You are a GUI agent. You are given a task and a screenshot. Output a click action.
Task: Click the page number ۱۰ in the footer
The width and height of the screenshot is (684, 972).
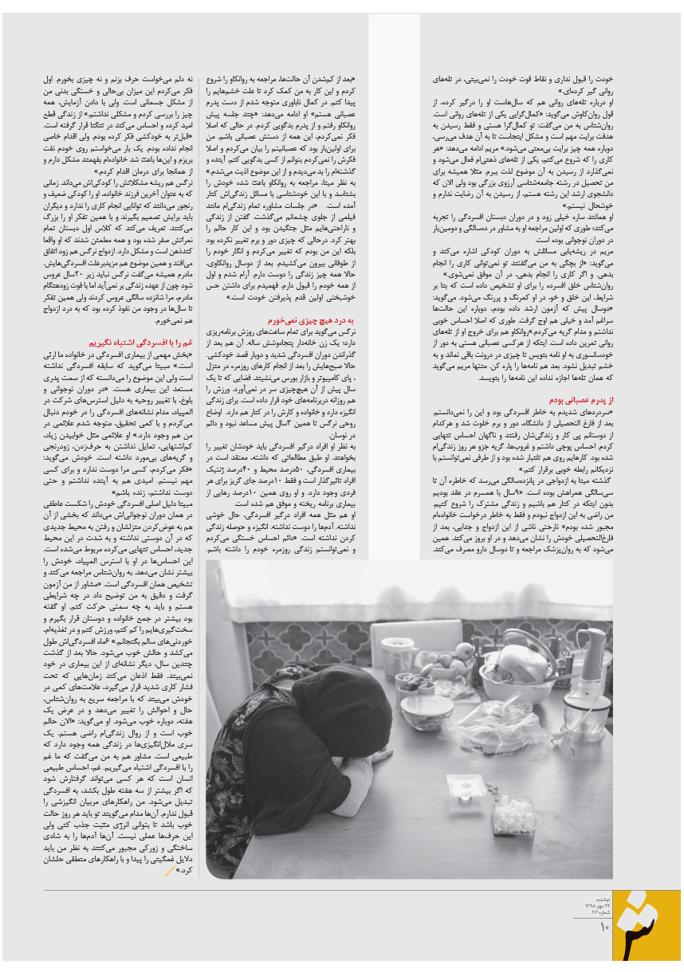[x=604, y=926]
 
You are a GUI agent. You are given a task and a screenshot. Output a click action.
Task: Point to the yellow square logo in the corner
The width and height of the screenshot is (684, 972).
[x=647, y=924]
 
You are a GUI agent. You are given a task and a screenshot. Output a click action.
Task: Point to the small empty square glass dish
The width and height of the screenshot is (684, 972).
[x=466, y=786]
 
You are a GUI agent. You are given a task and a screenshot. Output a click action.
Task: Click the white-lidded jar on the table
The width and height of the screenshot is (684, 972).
[x=398, y=655]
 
